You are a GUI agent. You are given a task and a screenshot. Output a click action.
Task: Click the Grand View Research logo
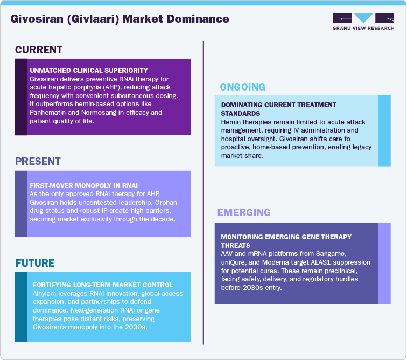(x=363, y=21)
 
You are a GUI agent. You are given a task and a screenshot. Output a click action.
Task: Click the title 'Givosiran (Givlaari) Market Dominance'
(x=120, y=19)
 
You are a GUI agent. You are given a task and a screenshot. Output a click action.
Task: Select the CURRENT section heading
(x=39, y=50)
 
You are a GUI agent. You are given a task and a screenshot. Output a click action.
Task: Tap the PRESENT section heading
(x=38, y=162)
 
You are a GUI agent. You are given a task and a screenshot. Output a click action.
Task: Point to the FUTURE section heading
(x=35, y=264)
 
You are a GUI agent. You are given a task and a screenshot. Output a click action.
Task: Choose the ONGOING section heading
(x=242, y=87)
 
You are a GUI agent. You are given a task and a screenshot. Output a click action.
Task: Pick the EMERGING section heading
(x=244, y=212)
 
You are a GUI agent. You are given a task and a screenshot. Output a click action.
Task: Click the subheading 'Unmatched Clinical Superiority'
(x=89, y=71)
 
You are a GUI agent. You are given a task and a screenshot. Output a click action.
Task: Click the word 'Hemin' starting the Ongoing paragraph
(x=231, y=122)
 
